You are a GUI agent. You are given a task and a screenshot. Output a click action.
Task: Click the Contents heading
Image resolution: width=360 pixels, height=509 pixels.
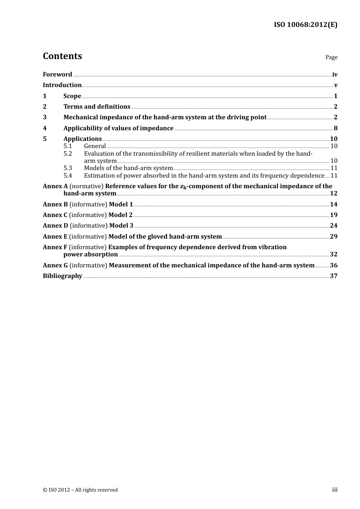point(62,56)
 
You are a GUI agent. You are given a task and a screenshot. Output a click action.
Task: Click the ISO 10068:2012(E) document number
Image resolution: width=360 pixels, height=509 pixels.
point(305,25)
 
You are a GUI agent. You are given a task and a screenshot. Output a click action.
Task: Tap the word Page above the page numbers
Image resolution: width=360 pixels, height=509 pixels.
point(331,57)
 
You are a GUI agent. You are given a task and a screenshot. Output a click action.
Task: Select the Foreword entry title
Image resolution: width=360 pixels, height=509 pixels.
point(57,75)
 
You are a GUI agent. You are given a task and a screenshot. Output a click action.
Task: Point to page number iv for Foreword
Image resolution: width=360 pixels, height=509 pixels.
point(335,75)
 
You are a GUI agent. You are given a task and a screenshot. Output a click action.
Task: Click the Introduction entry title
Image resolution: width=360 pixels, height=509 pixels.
point(62,85)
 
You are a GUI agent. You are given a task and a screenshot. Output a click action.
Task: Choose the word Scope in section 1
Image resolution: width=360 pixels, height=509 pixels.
point(72,96)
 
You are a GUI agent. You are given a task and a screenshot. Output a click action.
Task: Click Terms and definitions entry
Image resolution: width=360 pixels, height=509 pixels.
point(97,107)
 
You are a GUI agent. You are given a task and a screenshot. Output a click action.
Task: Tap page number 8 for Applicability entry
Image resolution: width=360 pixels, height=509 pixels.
point(335,128)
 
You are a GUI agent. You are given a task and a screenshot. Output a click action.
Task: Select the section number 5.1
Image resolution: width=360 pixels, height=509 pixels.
point(67,146)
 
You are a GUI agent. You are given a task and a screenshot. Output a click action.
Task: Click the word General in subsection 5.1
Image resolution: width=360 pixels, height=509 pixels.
point(95,146)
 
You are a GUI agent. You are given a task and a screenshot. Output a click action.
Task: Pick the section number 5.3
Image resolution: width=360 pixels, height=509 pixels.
point(67,168)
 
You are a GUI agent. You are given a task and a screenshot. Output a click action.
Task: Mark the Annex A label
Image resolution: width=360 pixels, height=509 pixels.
point(55,186)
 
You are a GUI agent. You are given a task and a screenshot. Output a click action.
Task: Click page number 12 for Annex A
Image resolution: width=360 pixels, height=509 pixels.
point(333,194)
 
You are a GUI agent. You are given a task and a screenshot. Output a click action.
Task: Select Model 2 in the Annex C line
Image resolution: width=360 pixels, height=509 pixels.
point(121,215)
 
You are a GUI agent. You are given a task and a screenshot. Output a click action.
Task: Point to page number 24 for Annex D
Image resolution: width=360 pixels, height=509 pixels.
point(333,226)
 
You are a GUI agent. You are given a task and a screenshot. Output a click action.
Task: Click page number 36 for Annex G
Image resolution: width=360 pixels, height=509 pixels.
point(333,265)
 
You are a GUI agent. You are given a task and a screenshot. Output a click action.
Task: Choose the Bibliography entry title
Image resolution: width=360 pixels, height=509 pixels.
point(63,276)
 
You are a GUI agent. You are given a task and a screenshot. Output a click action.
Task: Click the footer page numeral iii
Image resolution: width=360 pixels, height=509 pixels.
point(335,490)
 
